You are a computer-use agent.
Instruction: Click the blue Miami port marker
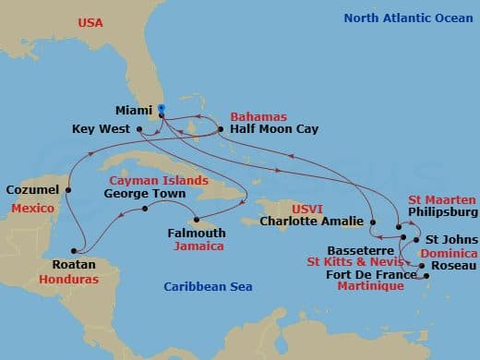(161, 109)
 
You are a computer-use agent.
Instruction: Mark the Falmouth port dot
(196, 220)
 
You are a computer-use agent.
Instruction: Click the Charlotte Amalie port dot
(371, 222)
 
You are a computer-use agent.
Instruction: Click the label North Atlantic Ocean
(402, 18)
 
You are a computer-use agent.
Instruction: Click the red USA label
(90, 21)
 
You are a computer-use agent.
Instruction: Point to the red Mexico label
(33, 210)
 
